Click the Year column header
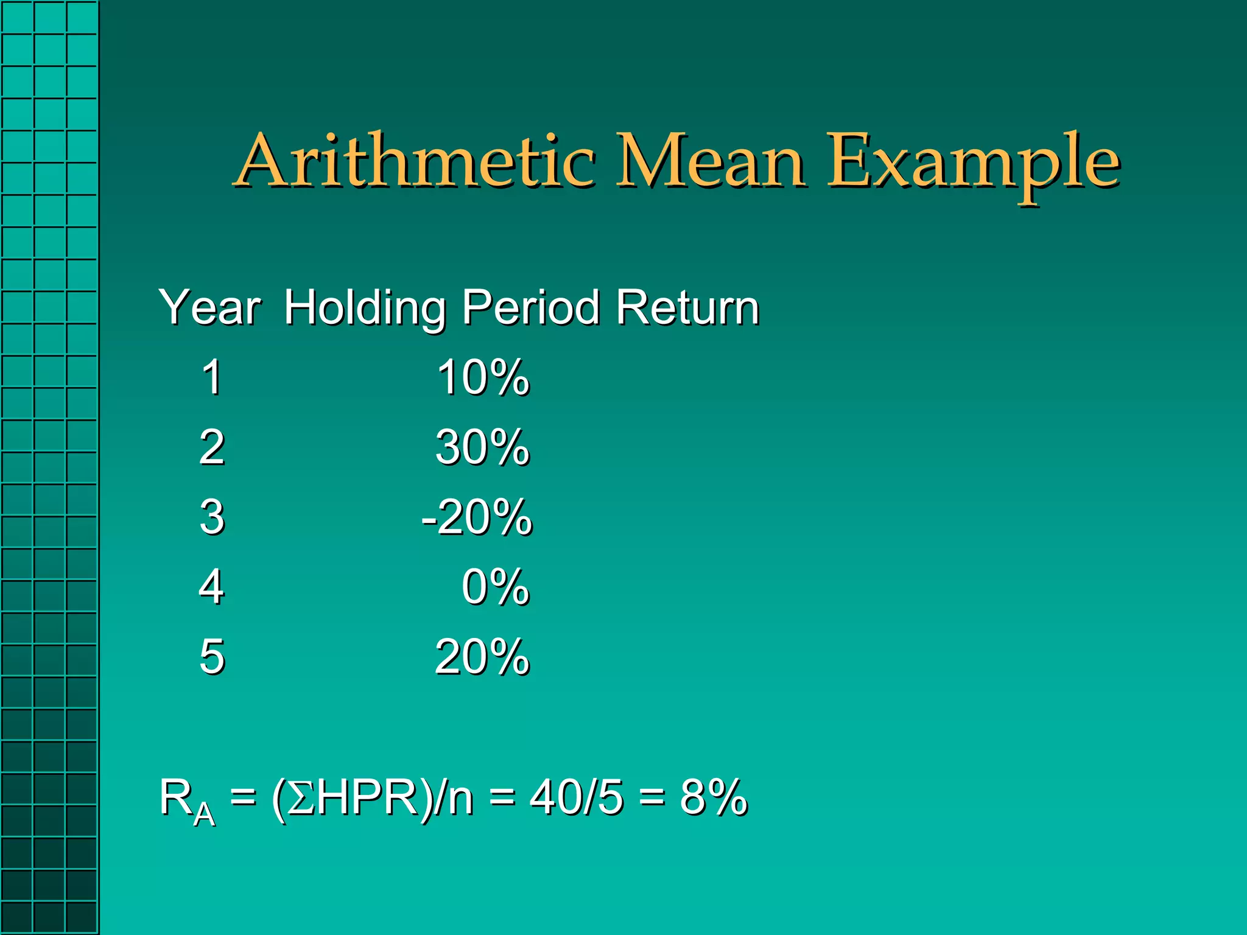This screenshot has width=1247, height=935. [x=209, y=308]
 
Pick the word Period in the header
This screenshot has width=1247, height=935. [x=530, y=308]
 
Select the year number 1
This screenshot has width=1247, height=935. [x=211, y=377]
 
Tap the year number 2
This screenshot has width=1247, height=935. [x=211, y=447]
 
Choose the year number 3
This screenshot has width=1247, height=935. [x=211, y=517]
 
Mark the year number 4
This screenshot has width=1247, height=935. [x=211, y=587]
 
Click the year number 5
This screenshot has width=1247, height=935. [x=211, y=657]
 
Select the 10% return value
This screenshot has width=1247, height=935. [x=482, y=377]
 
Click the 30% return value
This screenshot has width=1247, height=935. [x=482, y=447]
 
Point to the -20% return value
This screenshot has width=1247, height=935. [x=477, y=517]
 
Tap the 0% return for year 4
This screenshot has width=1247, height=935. [x=495, y=587]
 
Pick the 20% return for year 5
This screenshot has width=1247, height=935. [x=482, y=657]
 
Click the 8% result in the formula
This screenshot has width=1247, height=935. [x=713, y=797]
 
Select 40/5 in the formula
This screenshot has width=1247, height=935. [x=576, y=797]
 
